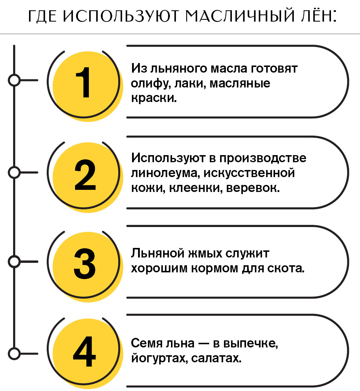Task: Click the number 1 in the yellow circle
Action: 83,82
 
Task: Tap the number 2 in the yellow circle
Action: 85,175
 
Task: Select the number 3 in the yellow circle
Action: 85,263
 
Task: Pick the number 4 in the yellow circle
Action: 85,352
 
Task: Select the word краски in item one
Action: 154,98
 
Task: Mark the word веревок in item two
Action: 253,188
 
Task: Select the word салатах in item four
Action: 216,358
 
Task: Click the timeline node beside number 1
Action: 14,80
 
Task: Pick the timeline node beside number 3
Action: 14,262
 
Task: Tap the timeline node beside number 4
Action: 14,354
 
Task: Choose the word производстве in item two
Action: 263,158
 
